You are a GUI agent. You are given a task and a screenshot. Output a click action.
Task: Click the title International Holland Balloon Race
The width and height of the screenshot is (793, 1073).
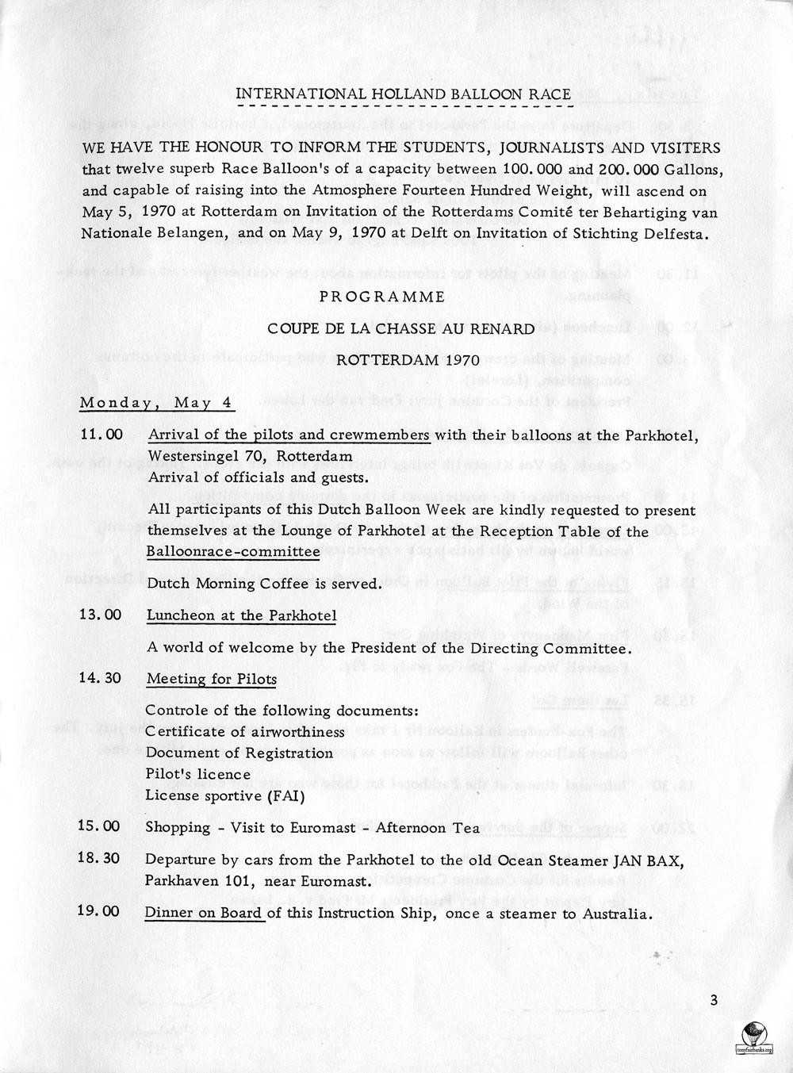[404, 94]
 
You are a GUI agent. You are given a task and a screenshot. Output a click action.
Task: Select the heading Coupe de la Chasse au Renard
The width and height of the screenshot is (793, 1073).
[400, 328]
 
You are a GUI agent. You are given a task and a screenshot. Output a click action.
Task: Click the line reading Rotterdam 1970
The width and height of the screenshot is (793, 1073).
[398, 359]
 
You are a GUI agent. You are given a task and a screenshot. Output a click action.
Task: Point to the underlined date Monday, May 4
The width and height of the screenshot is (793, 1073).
[155, 403]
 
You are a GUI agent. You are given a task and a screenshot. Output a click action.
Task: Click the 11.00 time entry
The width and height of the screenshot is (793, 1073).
[101, 435]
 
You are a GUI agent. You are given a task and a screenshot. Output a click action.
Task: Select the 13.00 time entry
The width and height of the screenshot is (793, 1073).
[101, 615]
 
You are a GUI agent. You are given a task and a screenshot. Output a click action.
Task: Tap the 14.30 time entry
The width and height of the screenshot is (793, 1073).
[101, 679]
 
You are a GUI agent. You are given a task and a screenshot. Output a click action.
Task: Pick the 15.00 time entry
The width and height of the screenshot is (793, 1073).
[100, 827]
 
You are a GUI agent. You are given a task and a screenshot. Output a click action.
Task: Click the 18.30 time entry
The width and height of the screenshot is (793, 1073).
[100, 860]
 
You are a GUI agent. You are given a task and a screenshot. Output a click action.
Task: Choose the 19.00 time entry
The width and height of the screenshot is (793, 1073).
[100, 913]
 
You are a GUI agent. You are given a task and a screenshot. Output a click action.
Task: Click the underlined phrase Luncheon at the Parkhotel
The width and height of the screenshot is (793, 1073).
[242, 615]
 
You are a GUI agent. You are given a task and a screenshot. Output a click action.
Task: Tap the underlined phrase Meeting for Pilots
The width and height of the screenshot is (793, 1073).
[212, 679]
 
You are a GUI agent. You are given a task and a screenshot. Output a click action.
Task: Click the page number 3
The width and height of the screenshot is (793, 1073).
[714, 1000]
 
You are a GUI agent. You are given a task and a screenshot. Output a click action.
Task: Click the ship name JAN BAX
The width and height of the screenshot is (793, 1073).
[644, 860]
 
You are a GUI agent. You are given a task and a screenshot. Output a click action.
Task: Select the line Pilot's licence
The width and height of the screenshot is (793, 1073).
[197, 774]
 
